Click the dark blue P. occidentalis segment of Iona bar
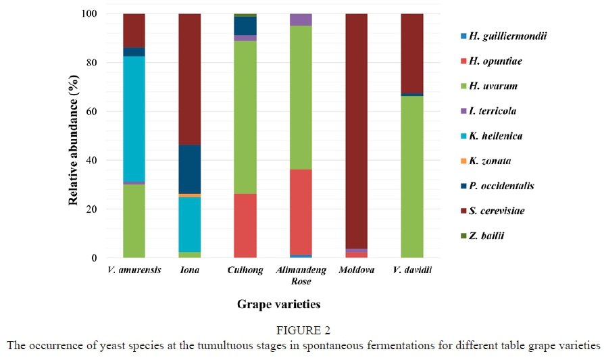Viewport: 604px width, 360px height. coord(190,169)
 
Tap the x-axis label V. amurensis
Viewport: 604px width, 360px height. coord(134,270)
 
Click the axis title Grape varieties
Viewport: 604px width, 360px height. coord(278,305)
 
